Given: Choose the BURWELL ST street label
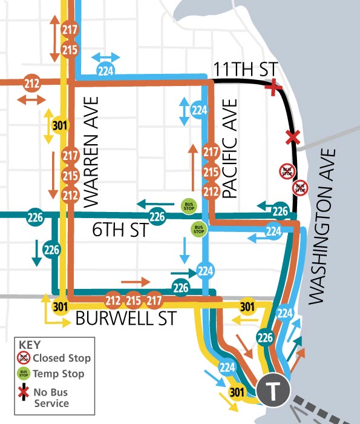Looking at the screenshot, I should (126, 319).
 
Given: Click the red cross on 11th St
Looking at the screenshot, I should (275, 88).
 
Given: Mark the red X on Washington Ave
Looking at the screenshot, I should (293, 137).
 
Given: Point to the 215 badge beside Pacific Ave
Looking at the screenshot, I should (211, 172).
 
